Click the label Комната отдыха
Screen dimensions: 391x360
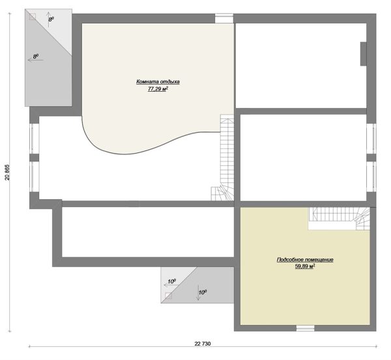pyautogui.click(x=158, y=81)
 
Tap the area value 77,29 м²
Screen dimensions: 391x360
pyautogui.click(x=158, y=89)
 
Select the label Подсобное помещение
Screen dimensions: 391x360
pyautogui.click(x=305, y=260)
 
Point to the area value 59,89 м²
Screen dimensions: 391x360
pyautogui.click(x=305, y=266)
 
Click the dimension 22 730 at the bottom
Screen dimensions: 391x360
pyautogui.click(x=203, y=344)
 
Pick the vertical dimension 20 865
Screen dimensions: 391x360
pyautogui.click(x=7, y=172)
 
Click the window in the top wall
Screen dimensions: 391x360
pyautogui.click(x=224, y=18)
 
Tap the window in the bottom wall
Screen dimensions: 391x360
pyautogui.click(x=306, y=328)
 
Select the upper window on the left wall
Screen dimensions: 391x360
pyautogui.click(x=34, y=139)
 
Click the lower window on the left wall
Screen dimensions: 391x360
pyautogui.click(x=34, y=176)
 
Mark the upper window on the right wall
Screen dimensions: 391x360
pyautogui.click(x=371, y=139)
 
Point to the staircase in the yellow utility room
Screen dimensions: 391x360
pyautogui.click(x=340, y=219)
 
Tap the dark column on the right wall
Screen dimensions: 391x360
pyautogui.click(x=364, y=54)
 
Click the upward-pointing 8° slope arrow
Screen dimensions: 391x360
pyautogui.click(x=49, y=19)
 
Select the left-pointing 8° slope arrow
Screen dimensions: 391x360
pyautogui.click(x=35, y=60)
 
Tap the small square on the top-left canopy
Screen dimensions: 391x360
pyautogui.click(x=33, y=17)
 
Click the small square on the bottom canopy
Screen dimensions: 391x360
pyautogui.click(x=169, y=296)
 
